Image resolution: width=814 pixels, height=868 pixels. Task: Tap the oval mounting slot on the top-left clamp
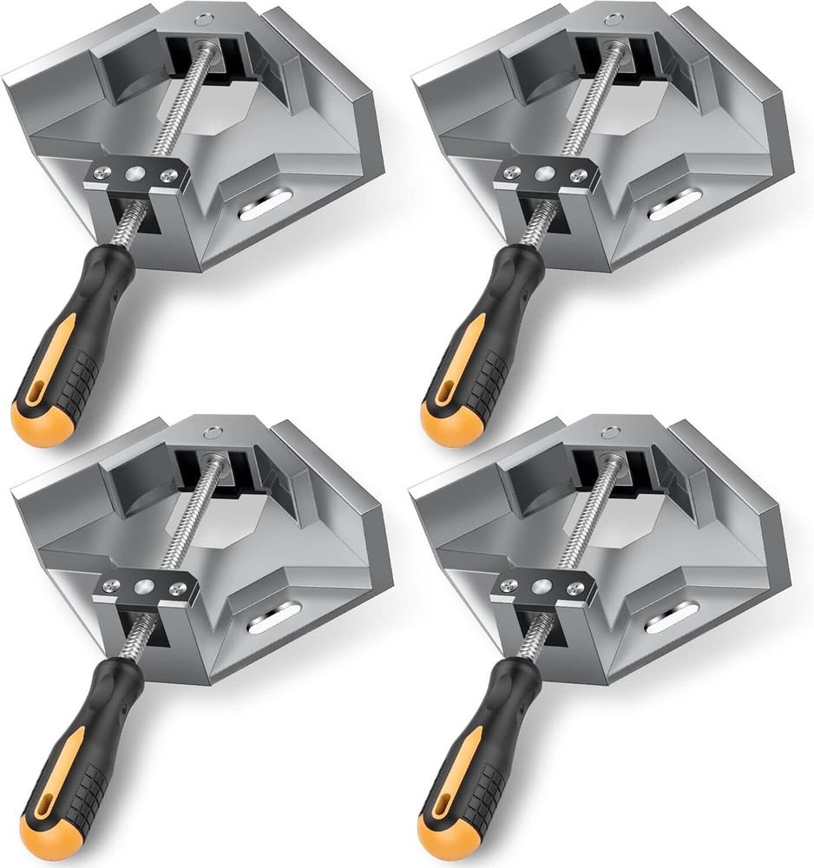[x=265, y=207]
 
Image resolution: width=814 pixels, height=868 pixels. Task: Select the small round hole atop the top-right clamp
[x=613, y=17]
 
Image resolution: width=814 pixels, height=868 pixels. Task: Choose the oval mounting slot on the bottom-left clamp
[x=272, y=622]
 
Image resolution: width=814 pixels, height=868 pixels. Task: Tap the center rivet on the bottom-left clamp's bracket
[x=145, y=587]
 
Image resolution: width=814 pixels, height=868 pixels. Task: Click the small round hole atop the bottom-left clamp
[x=211, y=431]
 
